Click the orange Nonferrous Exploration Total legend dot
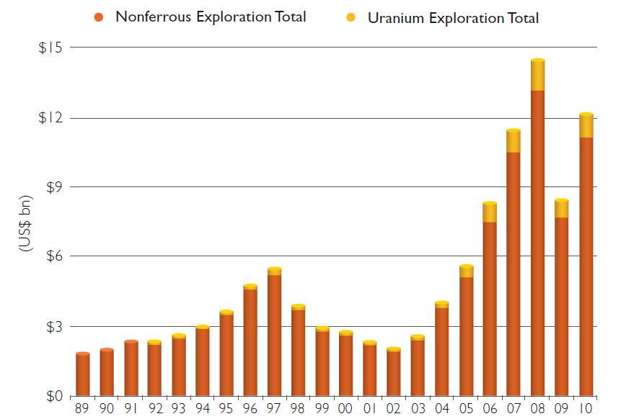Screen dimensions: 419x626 [100, 17]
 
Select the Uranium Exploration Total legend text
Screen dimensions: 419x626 [453, 18]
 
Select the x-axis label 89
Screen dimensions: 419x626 [83, 409]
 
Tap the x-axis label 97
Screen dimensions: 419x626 [274, 409]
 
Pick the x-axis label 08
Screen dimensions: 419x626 [538, 409]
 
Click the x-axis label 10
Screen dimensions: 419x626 [586, 409]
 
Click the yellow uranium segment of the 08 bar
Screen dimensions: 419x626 [538, 76]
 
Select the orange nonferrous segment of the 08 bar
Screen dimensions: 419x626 [538, 245]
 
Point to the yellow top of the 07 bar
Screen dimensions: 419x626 [513, 141]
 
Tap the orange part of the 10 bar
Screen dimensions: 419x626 [586, 266]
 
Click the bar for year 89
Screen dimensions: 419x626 [83, 374]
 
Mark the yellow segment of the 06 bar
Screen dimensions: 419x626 [490, 212]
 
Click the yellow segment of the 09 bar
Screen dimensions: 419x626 [562, 209]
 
